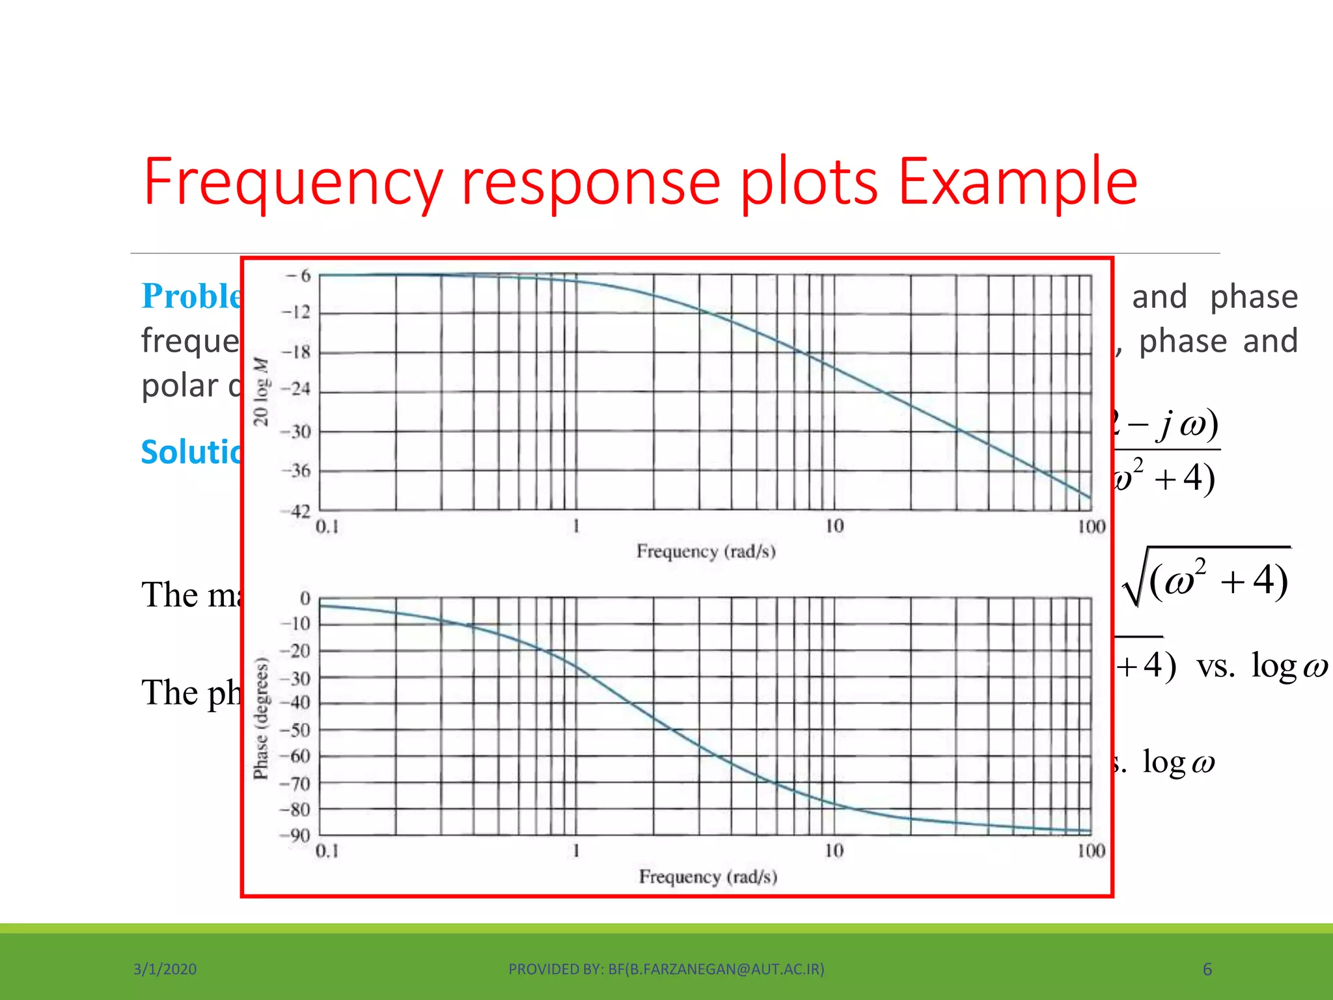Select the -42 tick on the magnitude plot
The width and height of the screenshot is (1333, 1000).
297,511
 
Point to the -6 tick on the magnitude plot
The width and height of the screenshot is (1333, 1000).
299,275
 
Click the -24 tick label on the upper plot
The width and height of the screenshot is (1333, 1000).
297,390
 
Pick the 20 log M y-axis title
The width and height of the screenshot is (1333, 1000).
262,391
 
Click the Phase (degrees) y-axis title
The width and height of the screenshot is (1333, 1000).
261,717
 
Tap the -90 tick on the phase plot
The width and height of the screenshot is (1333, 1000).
296,835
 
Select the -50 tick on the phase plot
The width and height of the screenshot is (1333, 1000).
296,730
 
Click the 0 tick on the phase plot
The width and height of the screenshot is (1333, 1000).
305,598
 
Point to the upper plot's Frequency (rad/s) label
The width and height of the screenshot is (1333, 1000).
706,551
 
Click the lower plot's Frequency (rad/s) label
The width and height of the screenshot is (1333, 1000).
708,876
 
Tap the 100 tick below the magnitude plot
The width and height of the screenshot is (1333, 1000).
1091,527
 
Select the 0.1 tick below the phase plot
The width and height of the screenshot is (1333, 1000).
327,851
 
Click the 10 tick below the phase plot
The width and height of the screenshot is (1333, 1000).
834,851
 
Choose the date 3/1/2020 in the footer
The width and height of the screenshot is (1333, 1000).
165,969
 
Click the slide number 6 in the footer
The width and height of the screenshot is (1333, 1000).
1207,969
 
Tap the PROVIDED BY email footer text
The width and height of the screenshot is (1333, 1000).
666,969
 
